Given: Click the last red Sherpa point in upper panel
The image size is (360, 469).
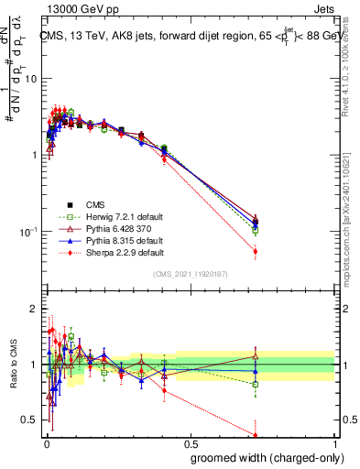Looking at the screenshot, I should (x=255, y=251).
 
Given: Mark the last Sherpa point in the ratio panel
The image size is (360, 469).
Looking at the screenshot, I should (x=255, y=435).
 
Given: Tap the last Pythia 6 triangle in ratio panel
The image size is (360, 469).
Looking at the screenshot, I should (x=255, y=356).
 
